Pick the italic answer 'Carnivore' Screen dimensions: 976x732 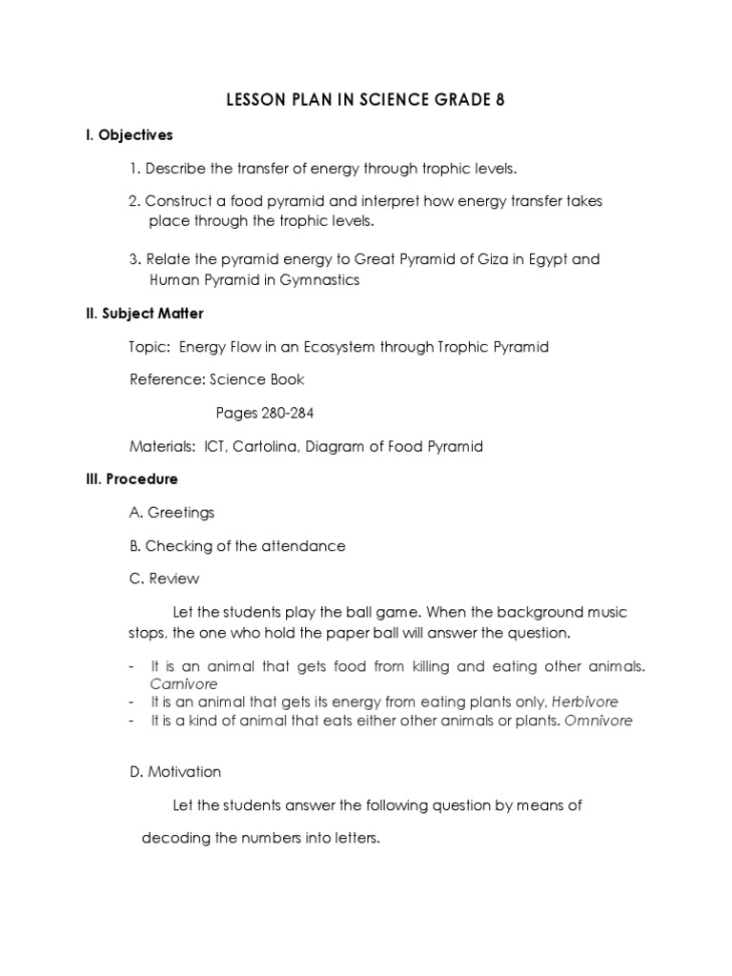click(184, 684)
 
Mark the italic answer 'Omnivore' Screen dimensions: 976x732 click(598, 721)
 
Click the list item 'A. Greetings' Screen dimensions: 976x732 click(172, 512)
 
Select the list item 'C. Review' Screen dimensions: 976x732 click(164, 579)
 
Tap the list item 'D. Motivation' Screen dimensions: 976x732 click(175, 772)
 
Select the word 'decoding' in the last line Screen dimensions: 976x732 click(172, 840)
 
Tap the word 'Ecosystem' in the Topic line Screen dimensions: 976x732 click(339, 346)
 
